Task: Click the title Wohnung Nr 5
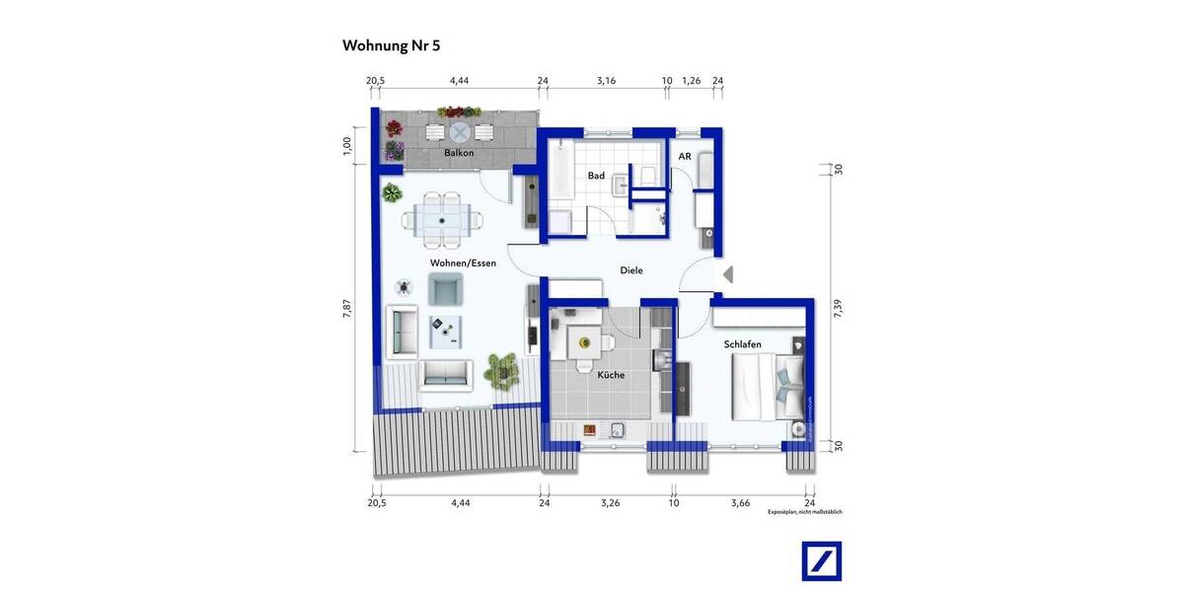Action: [x=390, y=45]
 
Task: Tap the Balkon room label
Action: [x=459, y=153]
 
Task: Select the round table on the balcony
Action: [x=459, y=132]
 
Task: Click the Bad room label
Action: [x=596, y=176]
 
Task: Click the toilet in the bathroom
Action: [x=648, y=176]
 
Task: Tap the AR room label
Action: [x=684, y=157]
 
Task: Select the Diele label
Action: [x=631, y=270]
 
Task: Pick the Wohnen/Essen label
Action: [x=463, y=263]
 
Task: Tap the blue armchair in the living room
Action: [x=446, y=289]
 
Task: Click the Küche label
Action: [x=611, y=375]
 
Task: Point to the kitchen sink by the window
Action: [x=618, y=429]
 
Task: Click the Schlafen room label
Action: [x=742, y=343]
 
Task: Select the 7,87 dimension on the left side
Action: [x=346, y=310]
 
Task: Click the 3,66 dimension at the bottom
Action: [x=741, y=502]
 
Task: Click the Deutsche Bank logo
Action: [x=821, y=561]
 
